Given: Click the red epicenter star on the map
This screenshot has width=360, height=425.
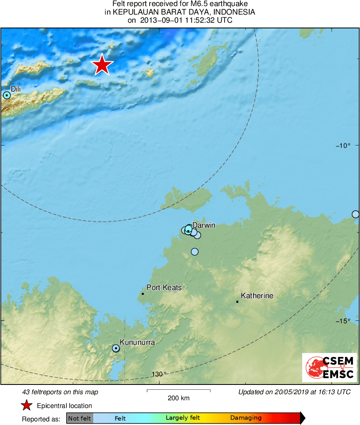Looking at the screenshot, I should click(102, 65).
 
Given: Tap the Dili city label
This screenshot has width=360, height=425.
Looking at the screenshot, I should click(15, 89).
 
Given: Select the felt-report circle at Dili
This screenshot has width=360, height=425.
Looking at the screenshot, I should click(6, 95).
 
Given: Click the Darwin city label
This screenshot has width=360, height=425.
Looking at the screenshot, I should click(204, 225).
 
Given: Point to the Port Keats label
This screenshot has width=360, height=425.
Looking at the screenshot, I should click(164, 288).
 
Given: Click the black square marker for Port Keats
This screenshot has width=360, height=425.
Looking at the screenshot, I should click(143, 294).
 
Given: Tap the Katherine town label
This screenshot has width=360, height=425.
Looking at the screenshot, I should click(257, 296).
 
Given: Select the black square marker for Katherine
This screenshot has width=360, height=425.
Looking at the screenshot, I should click(237, 301).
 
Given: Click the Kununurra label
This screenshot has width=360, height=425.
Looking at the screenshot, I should click(137, 342).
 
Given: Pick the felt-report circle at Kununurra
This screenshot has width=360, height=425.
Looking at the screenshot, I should click(116, 348).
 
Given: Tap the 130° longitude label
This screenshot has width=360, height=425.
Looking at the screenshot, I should click(159, 374).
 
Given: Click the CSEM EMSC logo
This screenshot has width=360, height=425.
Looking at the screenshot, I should click(329, 367).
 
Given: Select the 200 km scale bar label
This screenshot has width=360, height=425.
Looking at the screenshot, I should click(178, 398).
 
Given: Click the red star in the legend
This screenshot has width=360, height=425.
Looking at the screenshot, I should click(27, 406).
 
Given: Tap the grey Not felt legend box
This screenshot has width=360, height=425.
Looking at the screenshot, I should click(79, 418).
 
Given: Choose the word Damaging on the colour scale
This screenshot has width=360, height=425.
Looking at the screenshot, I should click(246, 418).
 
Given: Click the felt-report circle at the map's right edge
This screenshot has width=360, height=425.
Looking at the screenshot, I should click(356, 214).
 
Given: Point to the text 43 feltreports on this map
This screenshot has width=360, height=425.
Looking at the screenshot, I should click(60, 392).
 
